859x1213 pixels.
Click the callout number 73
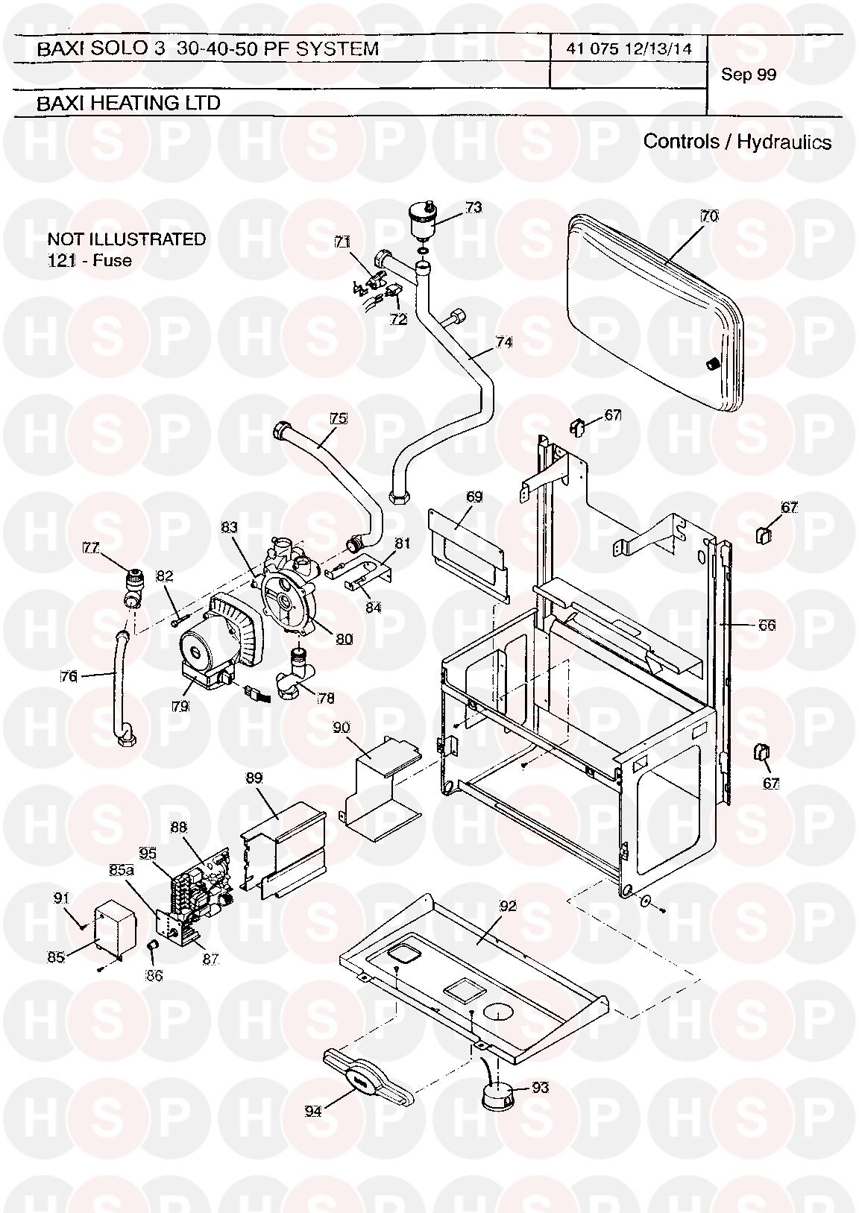point(473,207)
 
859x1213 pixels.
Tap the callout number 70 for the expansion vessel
point(709,216)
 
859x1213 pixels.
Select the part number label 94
point(313,1111)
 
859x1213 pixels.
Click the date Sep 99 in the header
point(749,75)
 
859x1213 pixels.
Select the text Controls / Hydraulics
point(737,142)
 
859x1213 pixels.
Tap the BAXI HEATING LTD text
point(128,103)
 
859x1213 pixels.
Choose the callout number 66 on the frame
point(766,625)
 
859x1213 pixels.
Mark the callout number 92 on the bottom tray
point(508,906)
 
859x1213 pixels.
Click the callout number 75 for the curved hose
point(339,418)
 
